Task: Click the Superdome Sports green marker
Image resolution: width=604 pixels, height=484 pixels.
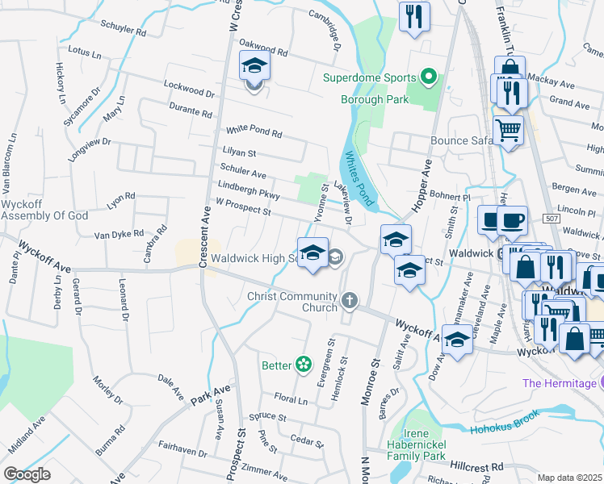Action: pyautogui.click(x=430, y=78)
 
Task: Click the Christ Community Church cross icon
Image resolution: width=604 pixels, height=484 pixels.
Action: pyautogui.click(x=350, y=302)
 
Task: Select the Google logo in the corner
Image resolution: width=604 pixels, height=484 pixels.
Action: pyautogui.click(x=27, y=474)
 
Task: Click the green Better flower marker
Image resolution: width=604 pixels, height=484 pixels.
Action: pyautogui.click(x=304, y=365)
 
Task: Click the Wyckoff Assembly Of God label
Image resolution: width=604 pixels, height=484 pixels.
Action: pyautogui.click(x=33, y=211)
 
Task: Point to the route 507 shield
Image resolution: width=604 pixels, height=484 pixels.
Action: pyautogui.click(x=551, y=219)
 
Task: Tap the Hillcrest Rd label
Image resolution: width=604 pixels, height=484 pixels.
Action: pyautogui.click(x=476, y=466)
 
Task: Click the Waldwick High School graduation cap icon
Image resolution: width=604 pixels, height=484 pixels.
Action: pyautogui.click(x=312, y=253)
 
